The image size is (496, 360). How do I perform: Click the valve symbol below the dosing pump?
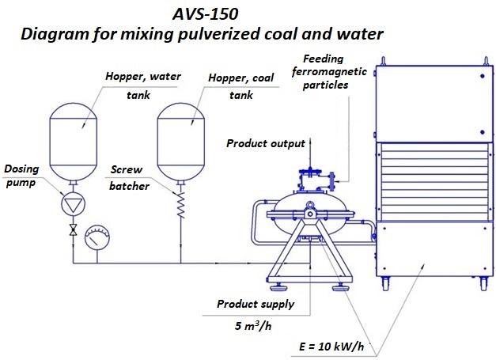[73, 230]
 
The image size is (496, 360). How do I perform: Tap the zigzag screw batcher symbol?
[180, 208]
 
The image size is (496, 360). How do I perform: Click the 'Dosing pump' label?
[22, 175]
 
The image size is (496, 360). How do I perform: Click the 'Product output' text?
[265, 143]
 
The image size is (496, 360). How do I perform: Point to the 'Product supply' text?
[256, 304]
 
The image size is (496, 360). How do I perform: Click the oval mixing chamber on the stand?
[309, 210]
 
